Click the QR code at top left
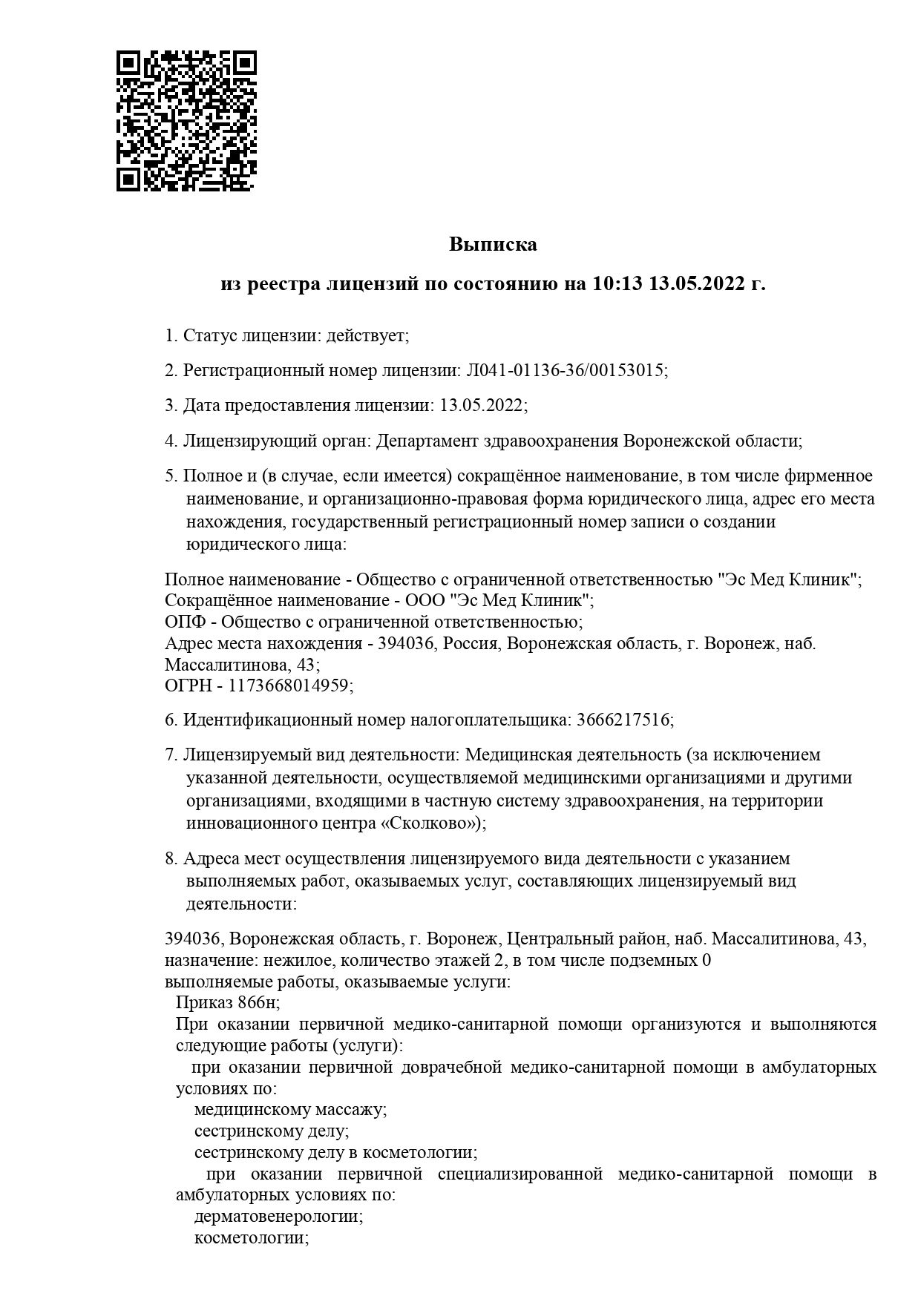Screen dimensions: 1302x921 tap(186, 120)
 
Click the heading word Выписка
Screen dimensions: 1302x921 tap(493, 244)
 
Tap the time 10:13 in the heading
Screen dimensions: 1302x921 tap(616, 283)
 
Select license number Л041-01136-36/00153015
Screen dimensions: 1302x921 tap(564, 370)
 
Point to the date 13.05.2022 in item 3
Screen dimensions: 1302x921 tap(482, 405)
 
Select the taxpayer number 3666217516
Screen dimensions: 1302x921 tap(623, 720)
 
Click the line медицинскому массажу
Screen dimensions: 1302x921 tap(290, 1110)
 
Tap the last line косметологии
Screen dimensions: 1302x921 tap(251, 1238)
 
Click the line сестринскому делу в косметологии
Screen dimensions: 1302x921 tap(335, 1153)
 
